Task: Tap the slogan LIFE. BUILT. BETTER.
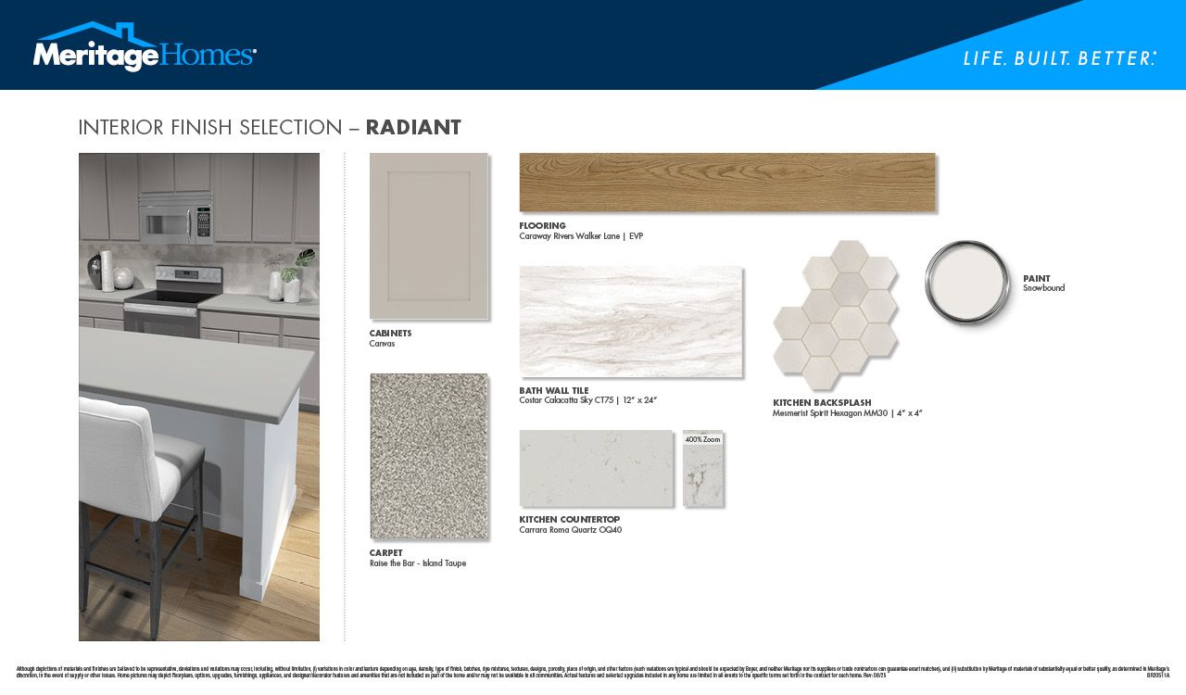pyautogui.click(x=1059, y=58)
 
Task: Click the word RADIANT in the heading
pyautogui.click(x=413, y=128)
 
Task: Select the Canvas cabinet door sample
pyautogui.click(x=428, y=236)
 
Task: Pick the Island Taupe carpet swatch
pyautogui.click(x=428, y=456)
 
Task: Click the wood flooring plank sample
pyautogui.click(x=727, y=183)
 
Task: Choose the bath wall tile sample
pyautogui.click(x=630, y=322)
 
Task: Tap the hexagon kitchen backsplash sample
pyautogui.click(x=835, y=315)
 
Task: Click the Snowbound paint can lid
pyautogui.click(x=967, y=282)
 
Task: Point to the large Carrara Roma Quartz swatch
pyautogui.click(x=596, y=468)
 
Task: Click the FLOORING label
pyautogui.click(x=542, y=226)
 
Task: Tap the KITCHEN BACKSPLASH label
pyautogui.click(x=822, y=403)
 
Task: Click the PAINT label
pyautogui.click(x=1036, y=278)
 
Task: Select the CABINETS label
pyautogui.click(x=390, y=333)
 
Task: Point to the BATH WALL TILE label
pyautogui.click(x=553, y=391)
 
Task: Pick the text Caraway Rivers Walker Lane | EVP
pyautogui.click(x=580, y=236)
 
